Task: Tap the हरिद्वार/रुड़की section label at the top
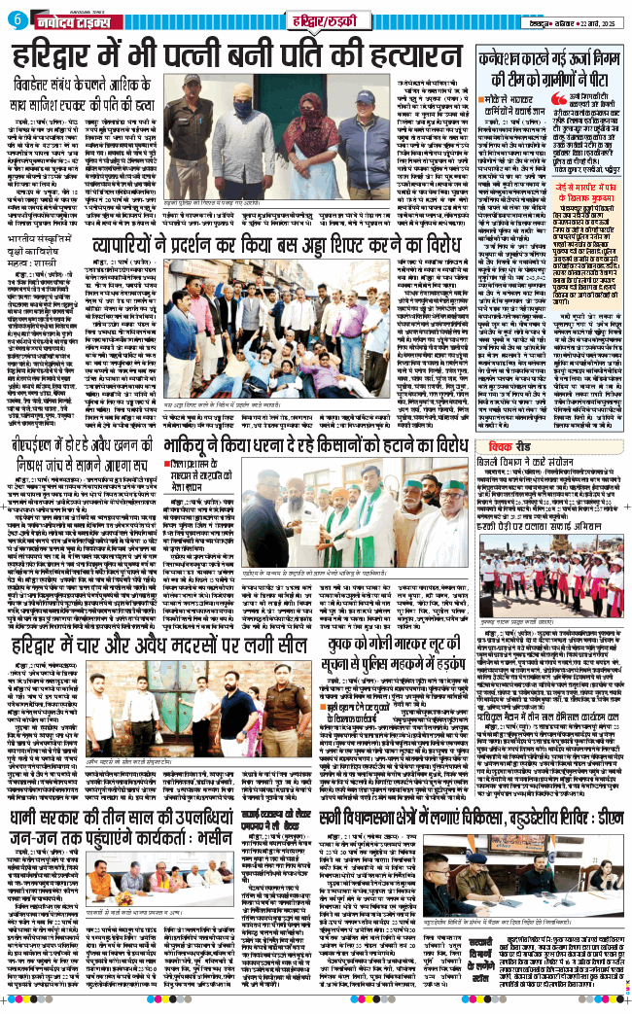(305, 19)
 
